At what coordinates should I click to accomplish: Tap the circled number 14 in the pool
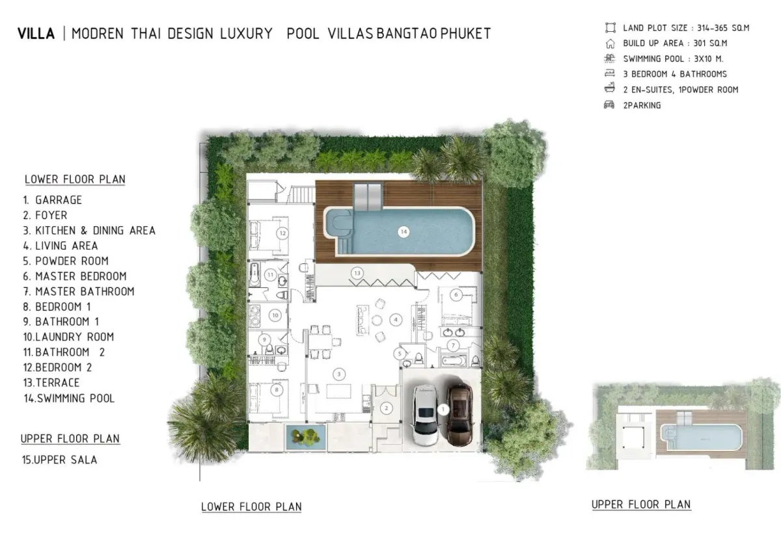tap(404, 231)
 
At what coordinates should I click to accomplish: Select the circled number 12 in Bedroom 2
tap(282, 232)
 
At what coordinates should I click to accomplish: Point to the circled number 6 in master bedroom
tap(456, 295)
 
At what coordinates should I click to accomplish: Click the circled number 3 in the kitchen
tap(338, 374)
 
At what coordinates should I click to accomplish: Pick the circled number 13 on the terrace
tap(356, 273)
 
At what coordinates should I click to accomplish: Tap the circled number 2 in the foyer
tap(387, 408)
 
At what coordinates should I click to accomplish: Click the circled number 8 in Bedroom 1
tap(278, 390)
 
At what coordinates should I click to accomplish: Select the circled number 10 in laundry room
tap(275, 315)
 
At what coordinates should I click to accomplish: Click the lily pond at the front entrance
tap(302, 436)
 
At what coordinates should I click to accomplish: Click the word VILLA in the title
tap(36, 34)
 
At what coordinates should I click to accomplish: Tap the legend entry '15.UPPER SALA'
tap(59, 460)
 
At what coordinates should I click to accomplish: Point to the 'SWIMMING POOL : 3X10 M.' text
tap(673, 58)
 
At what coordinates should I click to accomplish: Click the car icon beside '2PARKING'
tap(609, 105)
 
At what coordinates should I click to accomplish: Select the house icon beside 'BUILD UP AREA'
tap(610, 44)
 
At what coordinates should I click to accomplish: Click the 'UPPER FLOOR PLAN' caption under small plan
tap(641, 504)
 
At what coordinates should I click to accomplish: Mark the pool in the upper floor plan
tap(701, 437)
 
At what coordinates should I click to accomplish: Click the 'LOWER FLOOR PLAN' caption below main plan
tap(251, 506)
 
